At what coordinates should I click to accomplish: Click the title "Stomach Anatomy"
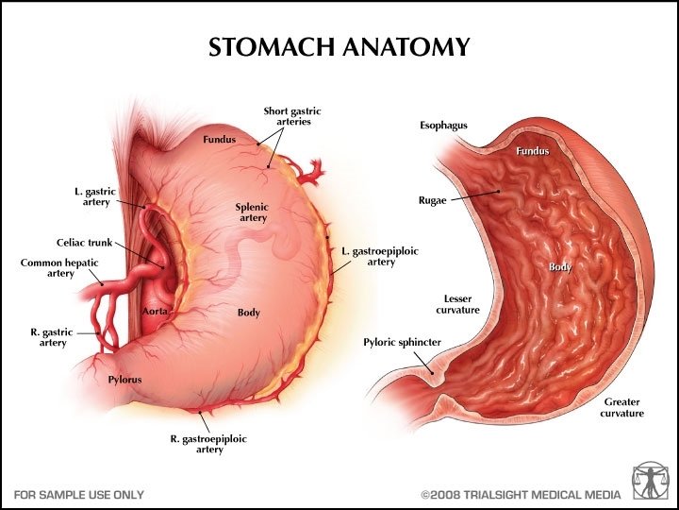(339, 46)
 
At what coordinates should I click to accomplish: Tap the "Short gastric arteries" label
(288, 116)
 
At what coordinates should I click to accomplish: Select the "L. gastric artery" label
(95, 196)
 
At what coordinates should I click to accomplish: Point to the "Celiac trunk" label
(88, 243)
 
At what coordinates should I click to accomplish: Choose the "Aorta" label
(155, 311)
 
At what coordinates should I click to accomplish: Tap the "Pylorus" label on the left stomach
(124, 380)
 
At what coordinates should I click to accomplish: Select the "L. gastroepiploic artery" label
(369, 256)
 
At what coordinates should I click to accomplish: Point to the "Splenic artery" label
(252, 212)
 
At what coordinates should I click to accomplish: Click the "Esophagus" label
(442, 126)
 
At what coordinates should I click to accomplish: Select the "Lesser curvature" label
(457, 304)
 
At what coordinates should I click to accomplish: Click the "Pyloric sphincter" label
(402, 342)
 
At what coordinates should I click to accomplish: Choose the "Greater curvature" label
(623, 408)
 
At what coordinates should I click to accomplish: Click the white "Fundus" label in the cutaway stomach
(532, 150)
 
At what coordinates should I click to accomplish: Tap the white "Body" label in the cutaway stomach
(560, 267)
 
